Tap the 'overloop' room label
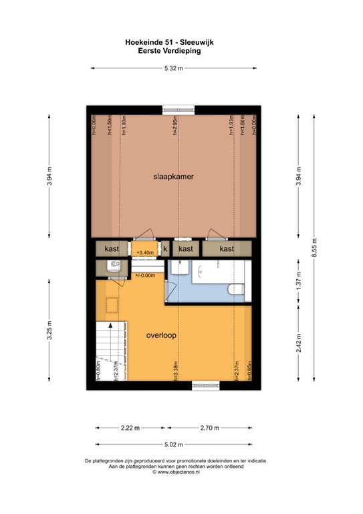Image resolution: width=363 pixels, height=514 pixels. (x=162, y=336)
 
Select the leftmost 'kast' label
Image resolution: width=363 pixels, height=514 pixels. (x=112, y=248)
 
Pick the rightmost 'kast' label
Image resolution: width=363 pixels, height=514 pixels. (x=227, y=248)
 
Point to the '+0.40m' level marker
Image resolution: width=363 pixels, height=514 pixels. (x=145, y=252)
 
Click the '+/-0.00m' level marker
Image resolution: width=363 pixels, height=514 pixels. (x=145, y=275)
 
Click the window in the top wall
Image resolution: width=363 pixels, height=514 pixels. (x=181, y=107)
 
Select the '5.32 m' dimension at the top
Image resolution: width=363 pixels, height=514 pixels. (x=174, y=68)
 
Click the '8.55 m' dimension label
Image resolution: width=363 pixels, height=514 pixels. (x=314, y=248)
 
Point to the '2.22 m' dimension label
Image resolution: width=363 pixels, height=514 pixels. (x=130, y=428)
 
